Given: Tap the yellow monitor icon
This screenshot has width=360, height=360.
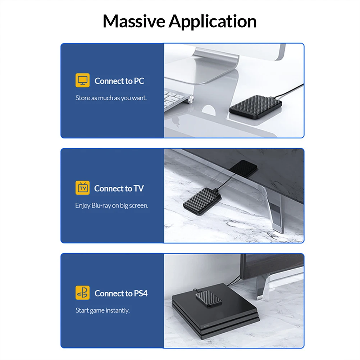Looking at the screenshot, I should click(82, 80).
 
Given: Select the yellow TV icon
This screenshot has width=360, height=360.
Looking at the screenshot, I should click(82, 188).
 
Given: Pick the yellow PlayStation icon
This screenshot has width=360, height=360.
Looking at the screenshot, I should click(82, 293).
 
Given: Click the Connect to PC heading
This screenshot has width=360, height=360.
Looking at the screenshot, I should click(119, 81).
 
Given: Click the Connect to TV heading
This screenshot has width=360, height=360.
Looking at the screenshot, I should click(119, 188).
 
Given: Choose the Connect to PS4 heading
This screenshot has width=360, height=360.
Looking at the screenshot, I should click(121, 293).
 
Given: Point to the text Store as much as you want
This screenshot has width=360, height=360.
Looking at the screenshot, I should click(111, 98).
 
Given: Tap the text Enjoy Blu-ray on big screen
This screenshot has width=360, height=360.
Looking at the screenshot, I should click(111, 206).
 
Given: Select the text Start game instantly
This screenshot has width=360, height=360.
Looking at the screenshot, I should click(102, 310).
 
